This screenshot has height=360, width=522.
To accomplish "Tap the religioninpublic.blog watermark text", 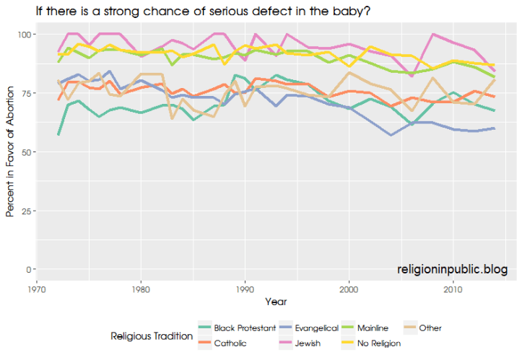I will (452, 269).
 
